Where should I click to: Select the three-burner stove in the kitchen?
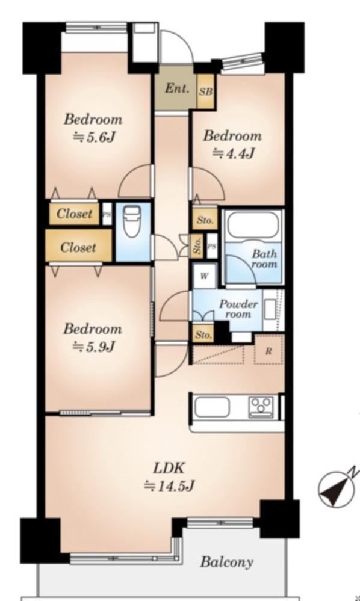point(261,407)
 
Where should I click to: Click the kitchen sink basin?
point(213,407)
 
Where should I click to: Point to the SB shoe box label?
point(206,92)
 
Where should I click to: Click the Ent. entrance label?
point(177,89)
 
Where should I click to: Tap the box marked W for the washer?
point(204,276)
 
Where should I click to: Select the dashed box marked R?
point(268,350)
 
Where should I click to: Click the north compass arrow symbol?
point(337,486)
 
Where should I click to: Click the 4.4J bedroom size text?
point(234,153)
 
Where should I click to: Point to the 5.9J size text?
point(94,347)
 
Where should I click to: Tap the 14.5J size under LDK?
point(169,486)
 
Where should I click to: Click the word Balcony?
point(227,562)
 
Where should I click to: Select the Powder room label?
point(238,309)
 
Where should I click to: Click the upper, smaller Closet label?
point(75,214)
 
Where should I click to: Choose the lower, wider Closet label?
point(78,248)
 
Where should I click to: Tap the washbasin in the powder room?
point(270,310)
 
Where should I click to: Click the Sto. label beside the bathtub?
point(205,220)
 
